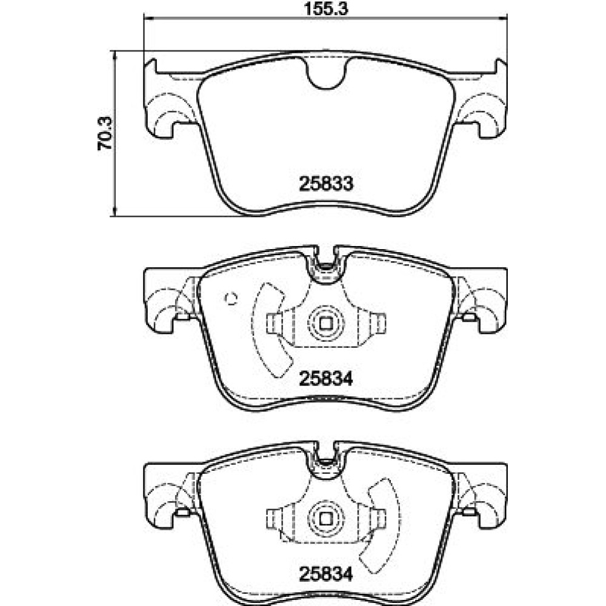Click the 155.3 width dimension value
[x=326, y=8]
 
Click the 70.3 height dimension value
[x=105, y=133]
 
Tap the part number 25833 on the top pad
[x=326, y=184]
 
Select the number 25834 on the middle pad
[x=326, y=379]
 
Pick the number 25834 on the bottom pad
[x=326, y=574]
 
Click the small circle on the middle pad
[x=231, y=298]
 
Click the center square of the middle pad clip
[x=326, y=323]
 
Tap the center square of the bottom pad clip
[x=326, y=518]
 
